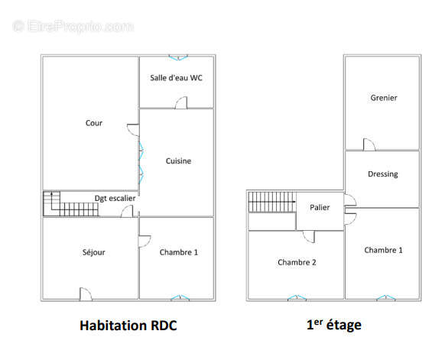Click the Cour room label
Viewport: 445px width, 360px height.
[93, 123]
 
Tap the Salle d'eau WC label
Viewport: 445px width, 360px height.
[176, 78]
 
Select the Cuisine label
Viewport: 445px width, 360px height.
[178, 161]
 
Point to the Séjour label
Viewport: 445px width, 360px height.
[93, 252]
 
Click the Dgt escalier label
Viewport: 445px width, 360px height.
[115, 198]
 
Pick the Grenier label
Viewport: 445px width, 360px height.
[384, 98]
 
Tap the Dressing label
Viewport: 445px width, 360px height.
[382, 174]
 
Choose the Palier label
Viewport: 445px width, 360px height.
[320, 207]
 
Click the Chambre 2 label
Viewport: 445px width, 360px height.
[297, 262]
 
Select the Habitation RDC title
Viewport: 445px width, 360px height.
[128, 326]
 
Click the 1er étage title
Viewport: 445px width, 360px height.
[334, 325]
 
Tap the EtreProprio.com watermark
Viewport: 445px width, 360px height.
[73, 27]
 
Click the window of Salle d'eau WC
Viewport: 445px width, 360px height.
[178, 57]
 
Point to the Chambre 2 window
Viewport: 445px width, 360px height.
[297, 297]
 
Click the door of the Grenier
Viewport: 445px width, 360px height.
[369, 144]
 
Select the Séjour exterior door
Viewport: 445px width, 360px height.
[86, 294]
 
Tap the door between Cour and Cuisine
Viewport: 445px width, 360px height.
[133, 130]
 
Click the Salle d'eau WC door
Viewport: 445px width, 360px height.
[181, 102]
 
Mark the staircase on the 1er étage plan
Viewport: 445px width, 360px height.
[272, 202]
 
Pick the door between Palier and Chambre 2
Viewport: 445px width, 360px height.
[309, 237]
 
